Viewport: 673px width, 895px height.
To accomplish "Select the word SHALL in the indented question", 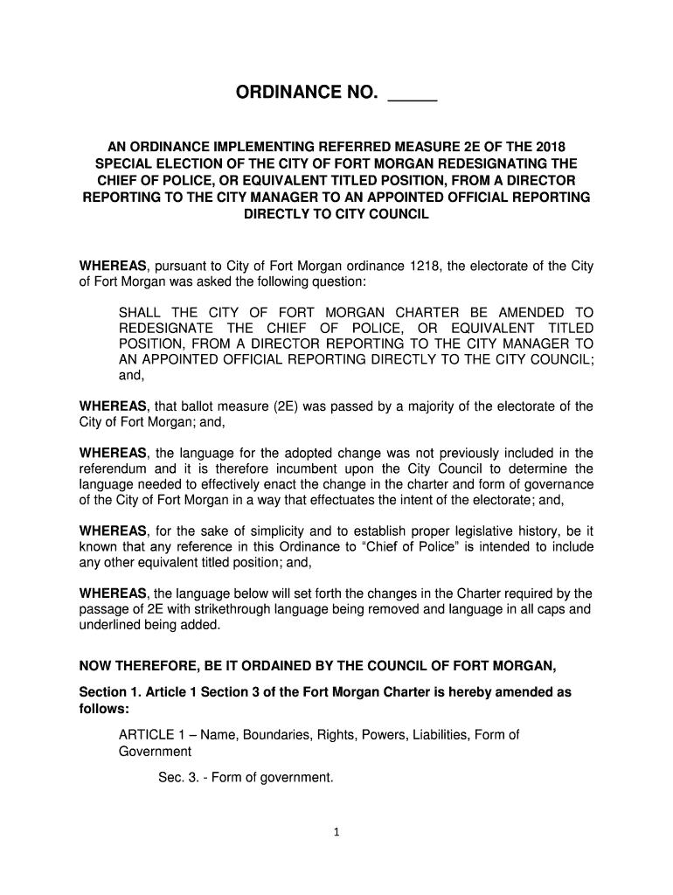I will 141,312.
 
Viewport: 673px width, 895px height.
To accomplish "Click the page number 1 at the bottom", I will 336,832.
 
